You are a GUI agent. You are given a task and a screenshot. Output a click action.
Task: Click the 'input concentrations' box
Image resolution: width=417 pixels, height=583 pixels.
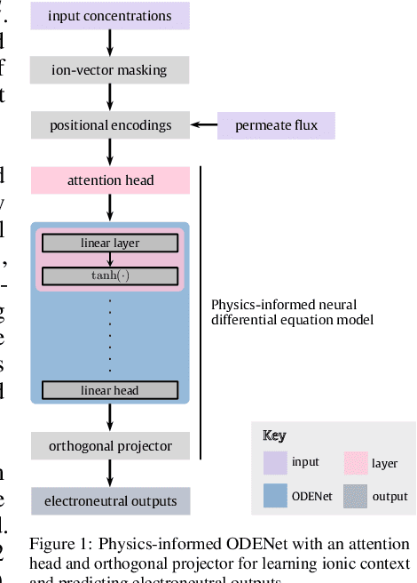(x=110, y=16)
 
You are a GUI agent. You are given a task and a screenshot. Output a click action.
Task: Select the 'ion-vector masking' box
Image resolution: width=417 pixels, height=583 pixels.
(x=110, y=70)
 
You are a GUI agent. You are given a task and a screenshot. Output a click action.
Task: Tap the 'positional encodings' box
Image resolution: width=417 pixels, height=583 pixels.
(x=110, y=125)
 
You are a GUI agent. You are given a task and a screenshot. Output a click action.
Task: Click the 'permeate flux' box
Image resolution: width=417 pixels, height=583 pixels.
(x=277, y=125)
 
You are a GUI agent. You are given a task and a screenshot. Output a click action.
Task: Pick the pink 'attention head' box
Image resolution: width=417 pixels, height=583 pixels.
(x=110, y=180)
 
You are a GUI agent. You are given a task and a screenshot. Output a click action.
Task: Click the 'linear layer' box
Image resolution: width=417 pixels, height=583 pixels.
(x=110, y=243)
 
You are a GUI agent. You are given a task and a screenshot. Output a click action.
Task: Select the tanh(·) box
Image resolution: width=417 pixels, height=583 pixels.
(x=110, y=276)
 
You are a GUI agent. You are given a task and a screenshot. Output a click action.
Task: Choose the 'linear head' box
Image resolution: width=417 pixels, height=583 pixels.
(x=110, y=390)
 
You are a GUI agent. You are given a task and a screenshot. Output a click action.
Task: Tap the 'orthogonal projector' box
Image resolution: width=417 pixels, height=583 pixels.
(x=110, y=445)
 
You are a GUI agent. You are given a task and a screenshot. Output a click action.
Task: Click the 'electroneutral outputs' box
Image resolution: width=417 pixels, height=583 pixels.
(x=110, y=500)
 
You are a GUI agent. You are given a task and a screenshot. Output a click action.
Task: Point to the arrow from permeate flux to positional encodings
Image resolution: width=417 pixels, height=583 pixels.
(x=206, y=125)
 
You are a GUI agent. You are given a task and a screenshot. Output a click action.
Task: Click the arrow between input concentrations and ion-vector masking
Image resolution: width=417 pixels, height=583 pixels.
(x=110, y=43)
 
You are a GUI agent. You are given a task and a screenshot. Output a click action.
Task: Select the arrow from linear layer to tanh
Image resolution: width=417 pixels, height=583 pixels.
(x=110, y=259)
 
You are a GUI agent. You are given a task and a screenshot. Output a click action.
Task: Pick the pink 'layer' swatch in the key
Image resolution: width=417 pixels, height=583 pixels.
(x=358, y=463)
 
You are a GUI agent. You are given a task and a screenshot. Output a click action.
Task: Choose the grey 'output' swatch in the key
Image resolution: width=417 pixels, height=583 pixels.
(x=358, y=496)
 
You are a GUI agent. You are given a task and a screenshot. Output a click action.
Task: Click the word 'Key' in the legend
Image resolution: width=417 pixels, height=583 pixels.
(x=274, y=435)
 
